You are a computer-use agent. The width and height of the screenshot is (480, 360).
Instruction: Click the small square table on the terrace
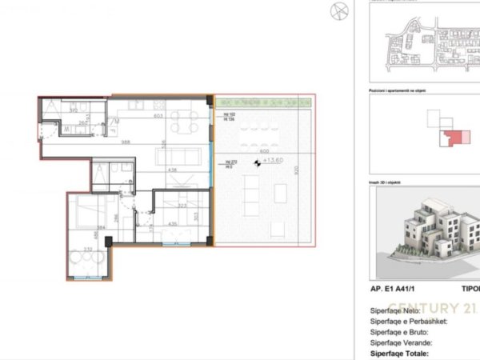click(x=281, y=193)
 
